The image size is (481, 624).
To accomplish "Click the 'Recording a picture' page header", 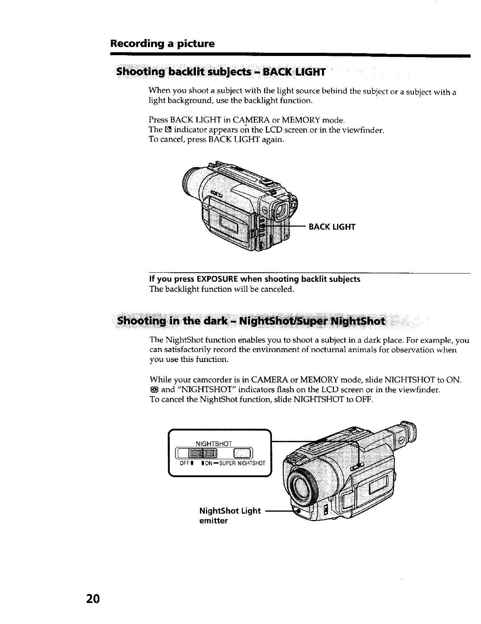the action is point(162,43).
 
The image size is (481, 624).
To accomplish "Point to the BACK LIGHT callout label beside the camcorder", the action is point(332,227).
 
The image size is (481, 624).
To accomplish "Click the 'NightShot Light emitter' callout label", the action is point(230,515).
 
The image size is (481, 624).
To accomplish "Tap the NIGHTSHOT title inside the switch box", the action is point(214,443).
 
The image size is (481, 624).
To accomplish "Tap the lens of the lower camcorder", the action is point(303,485).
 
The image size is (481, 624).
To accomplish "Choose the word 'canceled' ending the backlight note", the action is point(279,289).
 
